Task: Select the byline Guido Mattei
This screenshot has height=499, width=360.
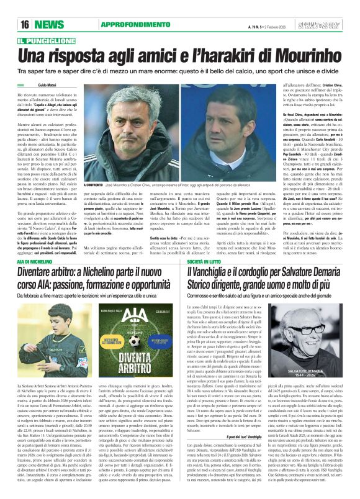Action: click(47, 84)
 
